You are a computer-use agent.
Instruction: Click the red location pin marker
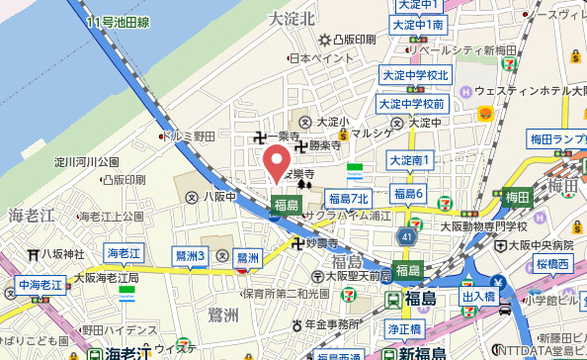275,160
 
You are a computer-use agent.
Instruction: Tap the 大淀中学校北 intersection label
414,75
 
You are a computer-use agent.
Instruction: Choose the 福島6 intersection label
408,193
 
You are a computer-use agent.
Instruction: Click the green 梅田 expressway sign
516,198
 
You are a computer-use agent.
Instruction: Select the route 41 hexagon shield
407,238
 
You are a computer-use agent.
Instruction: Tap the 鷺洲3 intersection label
189,256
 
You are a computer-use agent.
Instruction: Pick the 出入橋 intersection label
478,296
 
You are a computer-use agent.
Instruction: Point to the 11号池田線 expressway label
119,20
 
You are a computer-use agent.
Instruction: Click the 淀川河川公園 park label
87,161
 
